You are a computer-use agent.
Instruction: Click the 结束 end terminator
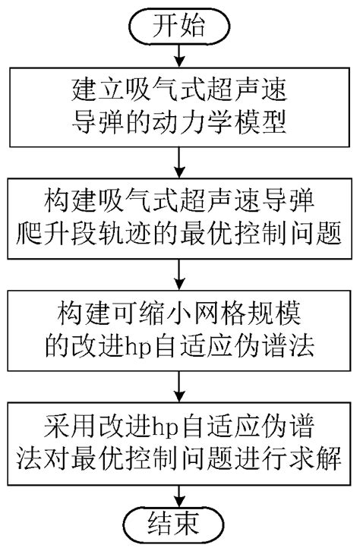[179, 524]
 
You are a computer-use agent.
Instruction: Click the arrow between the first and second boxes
[179, 162]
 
